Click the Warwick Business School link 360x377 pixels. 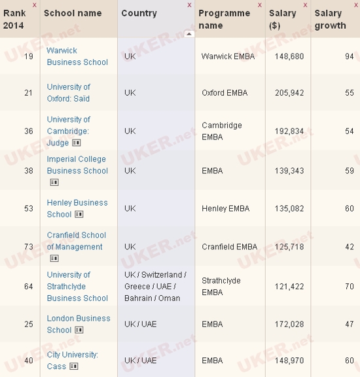pyautogui.click(x=77, y=56)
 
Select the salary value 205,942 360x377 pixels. pyautogui.click(x=289, y=93)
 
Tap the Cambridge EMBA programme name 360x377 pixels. pyautogui.click(x=222, y=131)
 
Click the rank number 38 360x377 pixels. pyautogui.click(x=29, y=171)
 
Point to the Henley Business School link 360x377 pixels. pyautogui.click(x=77, y=208)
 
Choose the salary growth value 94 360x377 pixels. pyautogui.click(x=349, y=56)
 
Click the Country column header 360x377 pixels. pyautogui.click(x=139, y=13)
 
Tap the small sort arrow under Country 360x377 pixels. pyautogui.click(x=189, y=34)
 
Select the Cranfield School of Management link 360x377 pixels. pyautogui.click(x=76, y=241)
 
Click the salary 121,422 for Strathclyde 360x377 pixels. pyautogui.click(x=289, y=287)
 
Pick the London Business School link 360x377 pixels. pyautogui.click(x=79, y=324)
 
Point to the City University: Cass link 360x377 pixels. pyautogui.click(x=72, y=361)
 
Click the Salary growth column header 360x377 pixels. pyautogui.click(x=330, y=19)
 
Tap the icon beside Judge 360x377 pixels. pyautogui.click(x=77, y=143)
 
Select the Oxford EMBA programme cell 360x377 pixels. pyautogui.click(x=225, y=93)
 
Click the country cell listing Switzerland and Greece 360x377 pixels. pyautogui.click(x=155, y=287)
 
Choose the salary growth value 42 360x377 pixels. pyautogui.click(x=349, y=247)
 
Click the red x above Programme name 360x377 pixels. pyautogui.click(x=260, y=5)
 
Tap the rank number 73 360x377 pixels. pyautogui.click(x=29, y=247)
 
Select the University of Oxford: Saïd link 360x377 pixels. pyautogui.click(x=69, y=93)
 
